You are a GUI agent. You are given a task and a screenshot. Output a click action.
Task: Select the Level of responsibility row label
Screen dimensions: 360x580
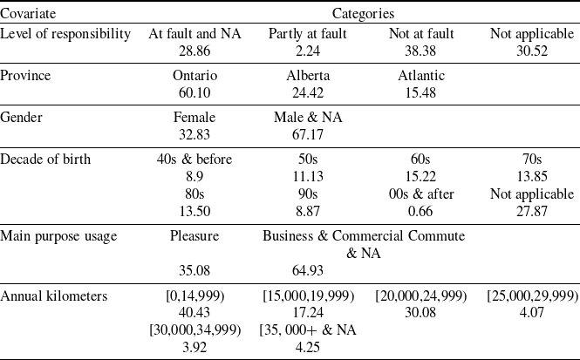coord(66,34)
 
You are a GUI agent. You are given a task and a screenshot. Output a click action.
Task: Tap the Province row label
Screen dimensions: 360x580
coord(26,76)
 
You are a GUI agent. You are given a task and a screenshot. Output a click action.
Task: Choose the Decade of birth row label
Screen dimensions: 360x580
coord(45,160)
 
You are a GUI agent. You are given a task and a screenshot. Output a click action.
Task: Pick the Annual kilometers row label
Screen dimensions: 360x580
coord(53,295)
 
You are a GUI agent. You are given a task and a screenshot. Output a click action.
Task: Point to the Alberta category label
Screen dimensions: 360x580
coord(308,76)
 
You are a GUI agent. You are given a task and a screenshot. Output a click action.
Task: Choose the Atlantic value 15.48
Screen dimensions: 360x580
coord(421,92)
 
